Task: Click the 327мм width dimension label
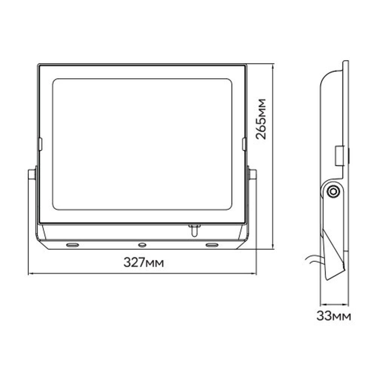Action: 144,262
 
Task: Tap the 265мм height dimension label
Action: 261,119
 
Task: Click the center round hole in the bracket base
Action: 143,245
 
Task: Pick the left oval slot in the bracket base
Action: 72,245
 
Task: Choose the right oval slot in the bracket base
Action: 212,245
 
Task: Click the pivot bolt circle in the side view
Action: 333,192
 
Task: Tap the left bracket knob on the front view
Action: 32,175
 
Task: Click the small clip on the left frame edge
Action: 40,144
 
